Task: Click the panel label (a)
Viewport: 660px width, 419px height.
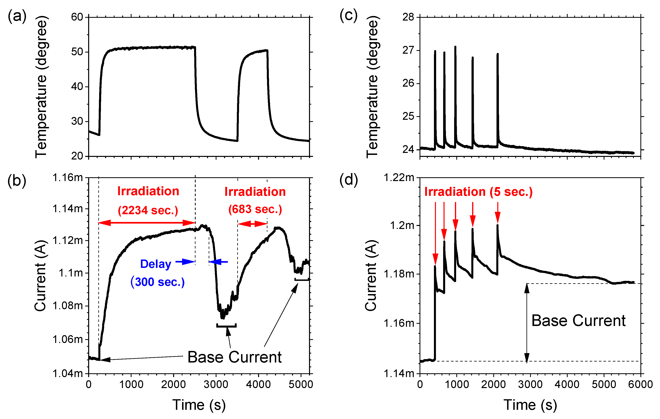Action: point(17,16)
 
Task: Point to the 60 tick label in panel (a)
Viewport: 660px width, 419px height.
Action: point(77,17)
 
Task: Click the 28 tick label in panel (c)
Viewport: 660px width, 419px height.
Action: point(408,17)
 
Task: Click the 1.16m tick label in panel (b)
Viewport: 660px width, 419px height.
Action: point(67,178)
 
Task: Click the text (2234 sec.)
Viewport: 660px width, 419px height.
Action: point(148,210)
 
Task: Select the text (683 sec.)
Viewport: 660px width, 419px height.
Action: point(255,209)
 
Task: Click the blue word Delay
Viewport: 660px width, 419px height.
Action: point(156,264)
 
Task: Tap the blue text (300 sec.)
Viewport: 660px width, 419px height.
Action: point(158,282)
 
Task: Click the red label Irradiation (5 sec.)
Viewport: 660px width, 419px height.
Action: point(478,192)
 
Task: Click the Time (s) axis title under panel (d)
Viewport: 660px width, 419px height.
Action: point(530,405)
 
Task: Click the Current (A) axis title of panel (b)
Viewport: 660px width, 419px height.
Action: point(41,276)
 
